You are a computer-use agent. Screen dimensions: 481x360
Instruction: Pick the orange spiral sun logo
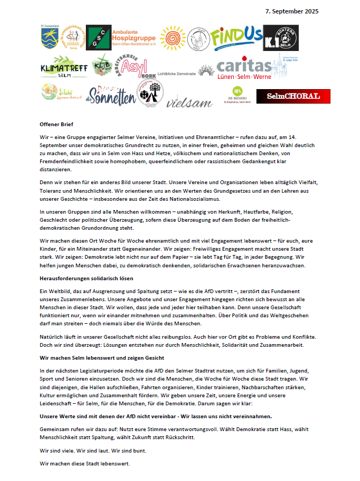coord(173,38)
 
